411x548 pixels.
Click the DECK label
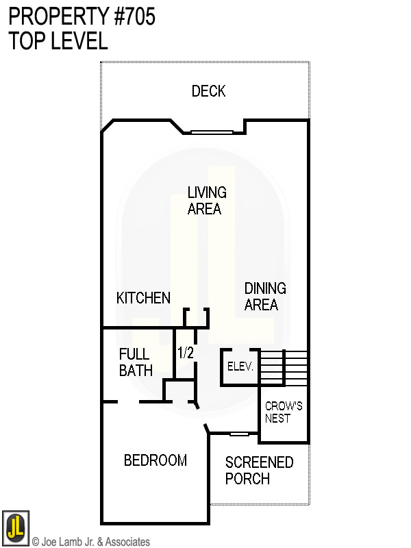click(208, 91)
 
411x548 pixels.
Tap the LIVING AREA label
click(206, 200)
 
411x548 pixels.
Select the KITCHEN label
click(143, 298)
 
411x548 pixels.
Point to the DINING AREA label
click(265, 296)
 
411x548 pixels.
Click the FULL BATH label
click(136, 362)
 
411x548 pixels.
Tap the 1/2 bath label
click(186, 353)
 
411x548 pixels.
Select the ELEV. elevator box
click(240, 367)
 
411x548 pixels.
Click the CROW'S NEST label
click(284, 412)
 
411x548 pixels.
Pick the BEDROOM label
click(155, 460)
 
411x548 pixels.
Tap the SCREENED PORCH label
click(259, 470)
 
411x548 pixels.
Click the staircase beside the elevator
click(284, 368)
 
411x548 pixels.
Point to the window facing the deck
click(212, 132)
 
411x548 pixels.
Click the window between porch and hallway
click(239, 434)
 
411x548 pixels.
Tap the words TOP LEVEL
click(58, 40)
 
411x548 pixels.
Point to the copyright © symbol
click(36, 542)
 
